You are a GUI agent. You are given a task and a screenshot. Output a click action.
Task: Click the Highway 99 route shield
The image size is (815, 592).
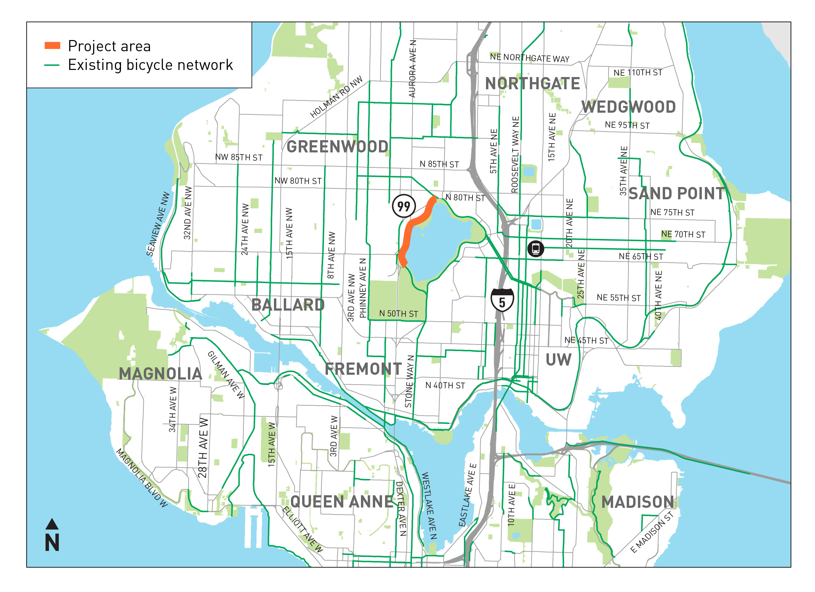[x=403, y=206]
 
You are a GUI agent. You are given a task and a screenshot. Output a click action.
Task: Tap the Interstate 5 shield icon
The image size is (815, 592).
[x=502, y=300]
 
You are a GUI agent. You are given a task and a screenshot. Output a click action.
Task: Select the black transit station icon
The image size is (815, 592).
[x=535, y=248]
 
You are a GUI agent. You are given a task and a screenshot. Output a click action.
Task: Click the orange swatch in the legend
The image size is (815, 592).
[x=52, y=45]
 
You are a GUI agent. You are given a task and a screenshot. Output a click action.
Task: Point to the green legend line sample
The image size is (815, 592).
[x=51, y=65]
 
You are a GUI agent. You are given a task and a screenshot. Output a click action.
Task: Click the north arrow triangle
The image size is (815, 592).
[x=52, y=524]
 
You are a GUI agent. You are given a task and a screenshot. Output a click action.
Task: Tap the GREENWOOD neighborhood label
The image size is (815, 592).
[x=337, y=147]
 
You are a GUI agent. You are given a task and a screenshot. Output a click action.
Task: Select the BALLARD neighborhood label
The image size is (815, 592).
[x=288, y=305]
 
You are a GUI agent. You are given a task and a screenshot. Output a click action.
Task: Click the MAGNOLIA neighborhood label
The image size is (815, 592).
[x=160, y=374]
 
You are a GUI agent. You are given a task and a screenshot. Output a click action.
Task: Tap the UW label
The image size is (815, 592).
[x=558, y=360]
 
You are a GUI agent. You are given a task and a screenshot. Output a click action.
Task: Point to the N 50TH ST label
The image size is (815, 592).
[x=399, y=314]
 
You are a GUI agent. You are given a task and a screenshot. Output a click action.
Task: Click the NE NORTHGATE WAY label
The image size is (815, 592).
[x=530, y=58]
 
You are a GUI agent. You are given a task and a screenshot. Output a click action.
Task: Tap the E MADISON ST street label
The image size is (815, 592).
[x=652, y=533]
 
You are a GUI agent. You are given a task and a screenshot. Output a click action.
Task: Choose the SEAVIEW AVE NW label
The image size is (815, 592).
[x=158, y=224]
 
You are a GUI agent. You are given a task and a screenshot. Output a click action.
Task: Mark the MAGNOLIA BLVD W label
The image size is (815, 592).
[x=142, y=478]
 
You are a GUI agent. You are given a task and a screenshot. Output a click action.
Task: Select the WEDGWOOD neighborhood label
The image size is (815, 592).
[x=628, y=107]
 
